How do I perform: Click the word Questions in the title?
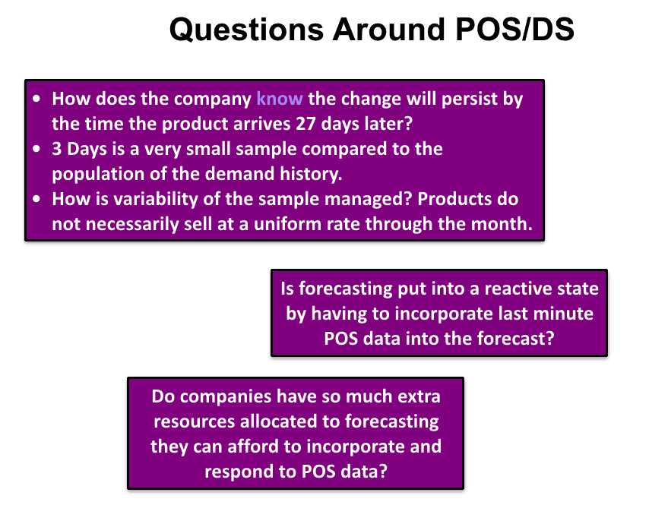[247, 30]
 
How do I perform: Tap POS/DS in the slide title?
[514, 29]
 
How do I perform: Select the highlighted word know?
[280, 99]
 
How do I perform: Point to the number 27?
[306, 124]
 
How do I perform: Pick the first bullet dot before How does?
[36, 99]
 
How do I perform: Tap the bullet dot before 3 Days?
[36, 149]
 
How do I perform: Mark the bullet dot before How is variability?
[36, 199]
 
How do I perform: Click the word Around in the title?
[390, 30]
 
